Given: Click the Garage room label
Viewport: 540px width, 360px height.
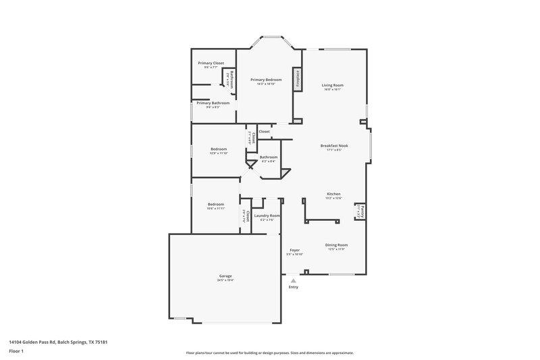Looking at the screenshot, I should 225,276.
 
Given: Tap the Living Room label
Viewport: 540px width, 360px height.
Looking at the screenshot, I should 333,85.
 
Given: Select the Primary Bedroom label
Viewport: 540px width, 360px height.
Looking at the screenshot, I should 266,80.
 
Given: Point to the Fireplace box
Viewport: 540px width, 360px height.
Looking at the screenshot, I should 296,78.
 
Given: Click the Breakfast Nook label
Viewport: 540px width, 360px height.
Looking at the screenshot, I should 334,145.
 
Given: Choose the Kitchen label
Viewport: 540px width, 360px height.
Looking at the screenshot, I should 334,194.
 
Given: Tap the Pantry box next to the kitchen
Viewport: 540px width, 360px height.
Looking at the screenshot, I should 360,212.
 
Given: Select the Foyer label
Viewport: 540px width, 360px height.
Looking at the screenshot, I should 295,250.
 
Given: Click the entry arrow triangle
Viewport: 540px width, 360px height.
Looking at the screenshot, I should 293,280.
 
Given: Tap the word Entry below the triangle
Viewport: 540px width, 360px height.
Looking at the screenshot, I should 293,287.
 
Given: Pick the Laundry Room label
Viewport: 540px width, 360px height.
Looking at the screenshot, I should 267,215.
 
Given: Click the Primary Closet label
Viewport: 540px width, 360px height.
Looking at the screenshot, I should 211,63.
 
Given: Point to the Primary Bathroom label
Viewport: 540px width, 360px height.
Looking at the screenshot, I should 213,103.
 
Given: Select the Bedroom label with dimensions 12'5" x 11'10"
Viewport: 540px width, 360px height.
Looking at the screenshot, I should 218,149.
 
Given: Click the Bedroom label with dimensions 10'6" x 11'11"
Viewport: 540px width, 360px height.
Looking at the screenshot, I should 215,204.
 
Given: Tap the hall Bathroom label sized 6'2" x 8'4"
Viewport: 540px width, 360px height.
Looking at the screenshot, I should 269,157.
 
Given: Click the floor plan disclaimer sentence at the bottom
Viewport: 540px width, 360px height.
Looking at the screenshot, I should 269,353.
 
